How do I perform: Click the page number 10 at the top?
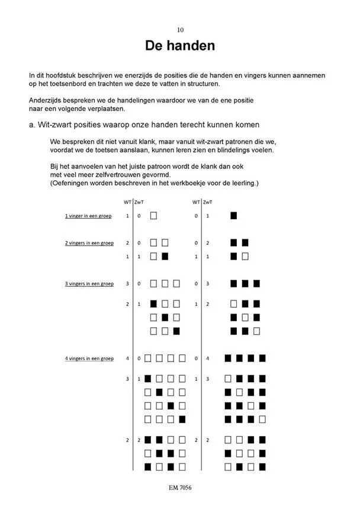pyautogui.click(x=180, y=30)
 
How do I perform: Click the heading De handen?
pyautogui.click(x=180, y=46)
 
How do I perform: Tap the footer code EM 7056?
pyautogui.click(x=180, y=488)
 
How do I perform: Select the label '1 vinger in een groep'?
pyautogui.click(x=88, y=216)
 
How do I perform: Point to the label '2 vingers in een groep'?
pyautogui.click(x=89, y=243)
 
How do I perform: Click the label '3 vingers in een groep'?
pyautogui.click(x=89, y=284)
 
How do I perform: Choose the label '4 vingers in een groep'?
pyautogui.click(x=89, y=359)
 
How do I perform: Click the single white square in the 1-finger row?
pyautogui.click(x=153, y=216)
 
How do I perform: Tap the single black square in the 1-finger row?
pyautogui.click(x=234, y=216)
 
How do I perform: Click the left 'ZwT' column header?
pyautogui.click(x=139, y=203)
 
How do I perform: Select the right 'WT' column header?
pyautogui.click(x=196, y=203)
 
